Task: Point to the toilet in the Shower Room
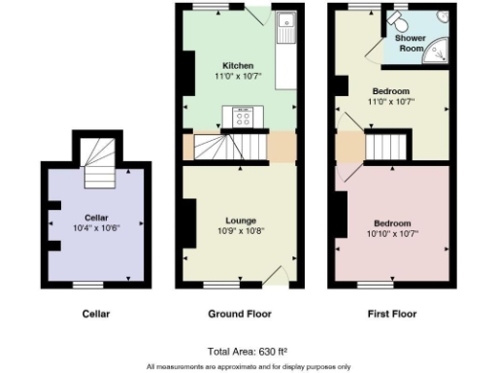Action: [x=397, y=19]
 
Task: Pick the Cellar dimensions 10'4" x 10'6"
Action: [x=95, y=228]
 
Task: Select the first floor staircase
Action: [x=387, y=148]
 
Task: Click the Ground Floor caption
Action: [x=240, y=314]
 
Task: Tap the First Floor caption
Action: [x=392, y=314]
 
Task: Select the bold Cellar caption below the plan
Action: [x=95, y=314]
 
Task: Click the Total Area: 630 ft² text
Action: [x=248, y=351]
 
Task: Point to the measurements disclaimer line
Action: [x=248, y=366]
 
